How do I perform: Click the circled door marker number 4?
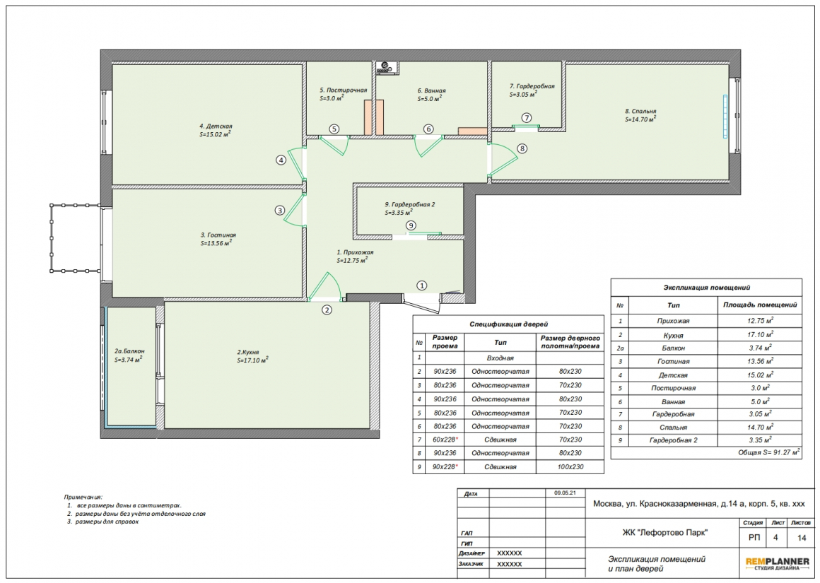click(x=281, y=160)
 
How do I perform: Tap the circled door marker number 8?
click(x=522, y=148)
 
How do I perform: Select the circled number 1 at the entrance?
click(x=421, y=285)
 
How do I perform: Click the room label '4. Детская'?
click(x=216, y=126)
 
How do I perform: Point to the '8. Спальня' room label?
click(x=640, y=111)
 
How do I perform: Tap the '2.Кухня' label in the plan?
click(x=248, y=352)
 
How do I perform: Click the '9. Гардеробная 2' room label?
click(x=410, y=204)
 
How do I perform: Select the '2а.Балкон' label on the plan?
click(x=129, y=351)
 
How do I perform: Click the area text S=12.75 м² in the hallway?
click(x=352, y=260)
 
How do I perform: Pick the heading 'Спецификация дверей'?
click(x=508, y=324)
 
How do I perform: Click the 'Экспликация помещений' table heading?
click(x=706, y=288)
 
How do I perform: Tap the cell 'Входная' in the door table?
click(x=500, y=358)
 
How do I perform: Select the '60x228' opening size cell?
click(x=444, y=440)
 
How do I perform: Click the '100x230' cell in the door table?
click(x=570, y=467)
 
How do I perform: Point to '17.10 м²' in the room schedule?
click(x=760, y=335)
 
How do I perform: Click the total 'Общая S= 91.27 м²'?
click(x=769, y=452)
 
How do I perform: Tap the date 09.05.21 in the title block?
click(x=565, y=493)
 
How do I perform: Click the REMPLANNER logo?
click(x=777, y=564)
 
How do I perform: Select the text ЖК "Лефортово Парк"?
click(x=664, y=533)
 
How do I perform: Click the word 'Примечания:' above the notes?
click(x=83, y=497)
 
